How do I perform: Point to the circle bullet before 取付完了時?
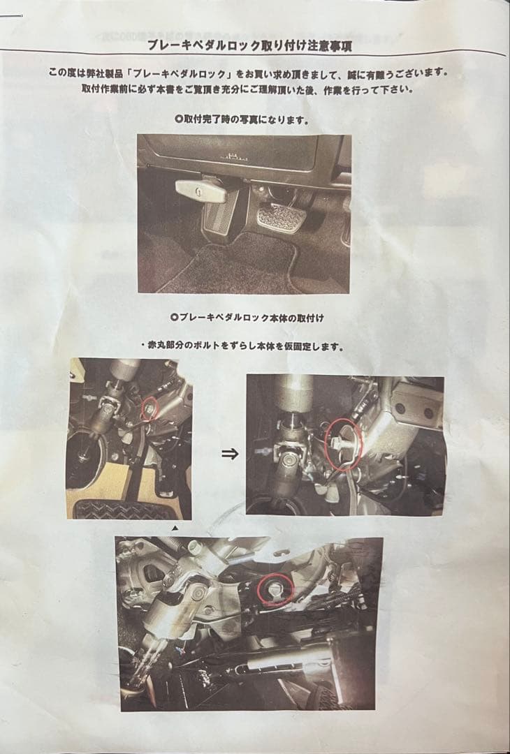(x=178, y=119)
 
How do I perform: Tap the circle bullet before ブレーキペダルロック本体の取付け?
(x=175, y=316)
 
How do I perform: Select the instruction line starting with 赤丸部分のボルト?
(x=245, y=346)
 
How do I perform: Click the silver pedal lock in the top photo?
(x=201, y=191)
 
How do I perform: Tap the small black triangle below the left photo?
(x=175, y=528)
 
